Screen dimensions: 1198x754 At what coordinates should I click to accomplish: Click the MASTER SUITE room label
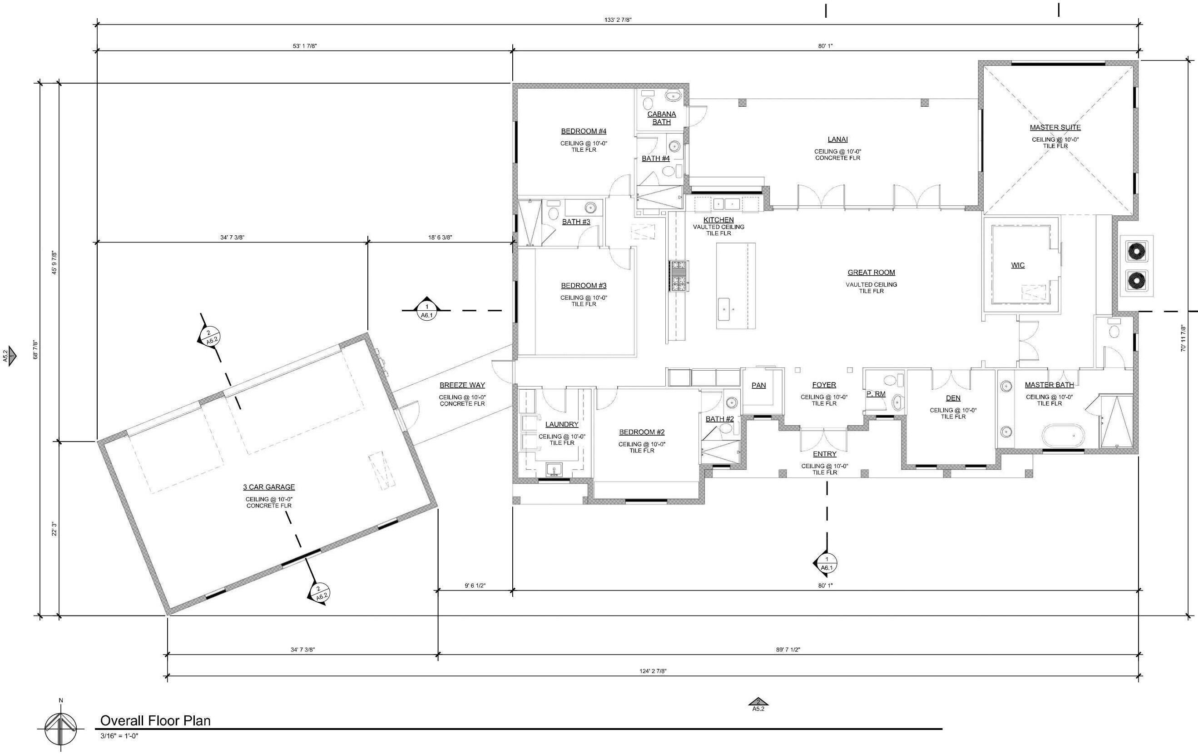tap(1055, 128)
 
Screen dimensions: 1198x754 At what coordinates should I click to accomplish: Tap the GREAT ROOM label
tap(871, 272)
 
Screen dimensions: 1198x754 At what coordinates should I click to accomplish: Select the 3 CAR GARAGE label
tap(269, 487)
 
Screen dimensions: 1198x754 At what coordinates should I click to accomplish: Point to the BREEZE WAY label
tap(462, 385)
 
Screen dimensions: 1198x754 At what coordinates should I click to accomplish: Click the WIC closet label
tap(1018, 265)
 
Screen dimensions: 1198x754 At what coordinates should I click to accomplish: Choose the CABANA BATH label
tap(662, 118)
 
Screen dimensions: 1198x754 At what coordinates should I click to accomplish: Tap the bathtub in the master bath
tap(1063, 435)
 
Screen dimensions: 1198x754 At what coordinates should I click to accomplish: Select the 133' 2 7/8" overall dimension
tap(618, 20)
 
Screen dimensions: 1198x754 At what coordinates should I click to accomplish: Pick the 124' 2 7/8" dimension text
tap(653, 671)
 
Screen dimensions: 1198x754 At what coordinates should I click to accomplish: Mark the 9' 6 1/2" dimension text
tap(475, 586)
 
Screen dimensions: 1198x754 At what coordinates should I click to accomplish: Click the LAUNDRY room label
tap(562, 424)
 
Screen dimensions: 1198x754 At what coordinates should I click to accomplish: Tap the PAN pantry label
tap(759, 385)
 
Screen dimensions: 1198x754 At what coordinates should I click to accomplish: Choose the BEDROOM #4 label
tap(584, 131)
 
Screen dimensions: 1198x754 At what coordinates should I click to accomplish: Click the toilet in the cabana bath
tap(648, 103)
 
